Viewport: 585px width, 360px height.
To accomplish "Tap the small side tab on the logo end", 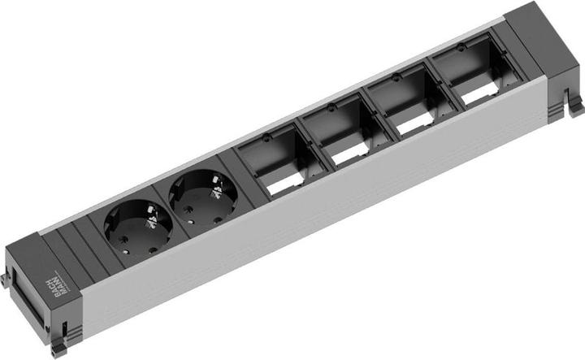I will [x=4, y=280].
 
